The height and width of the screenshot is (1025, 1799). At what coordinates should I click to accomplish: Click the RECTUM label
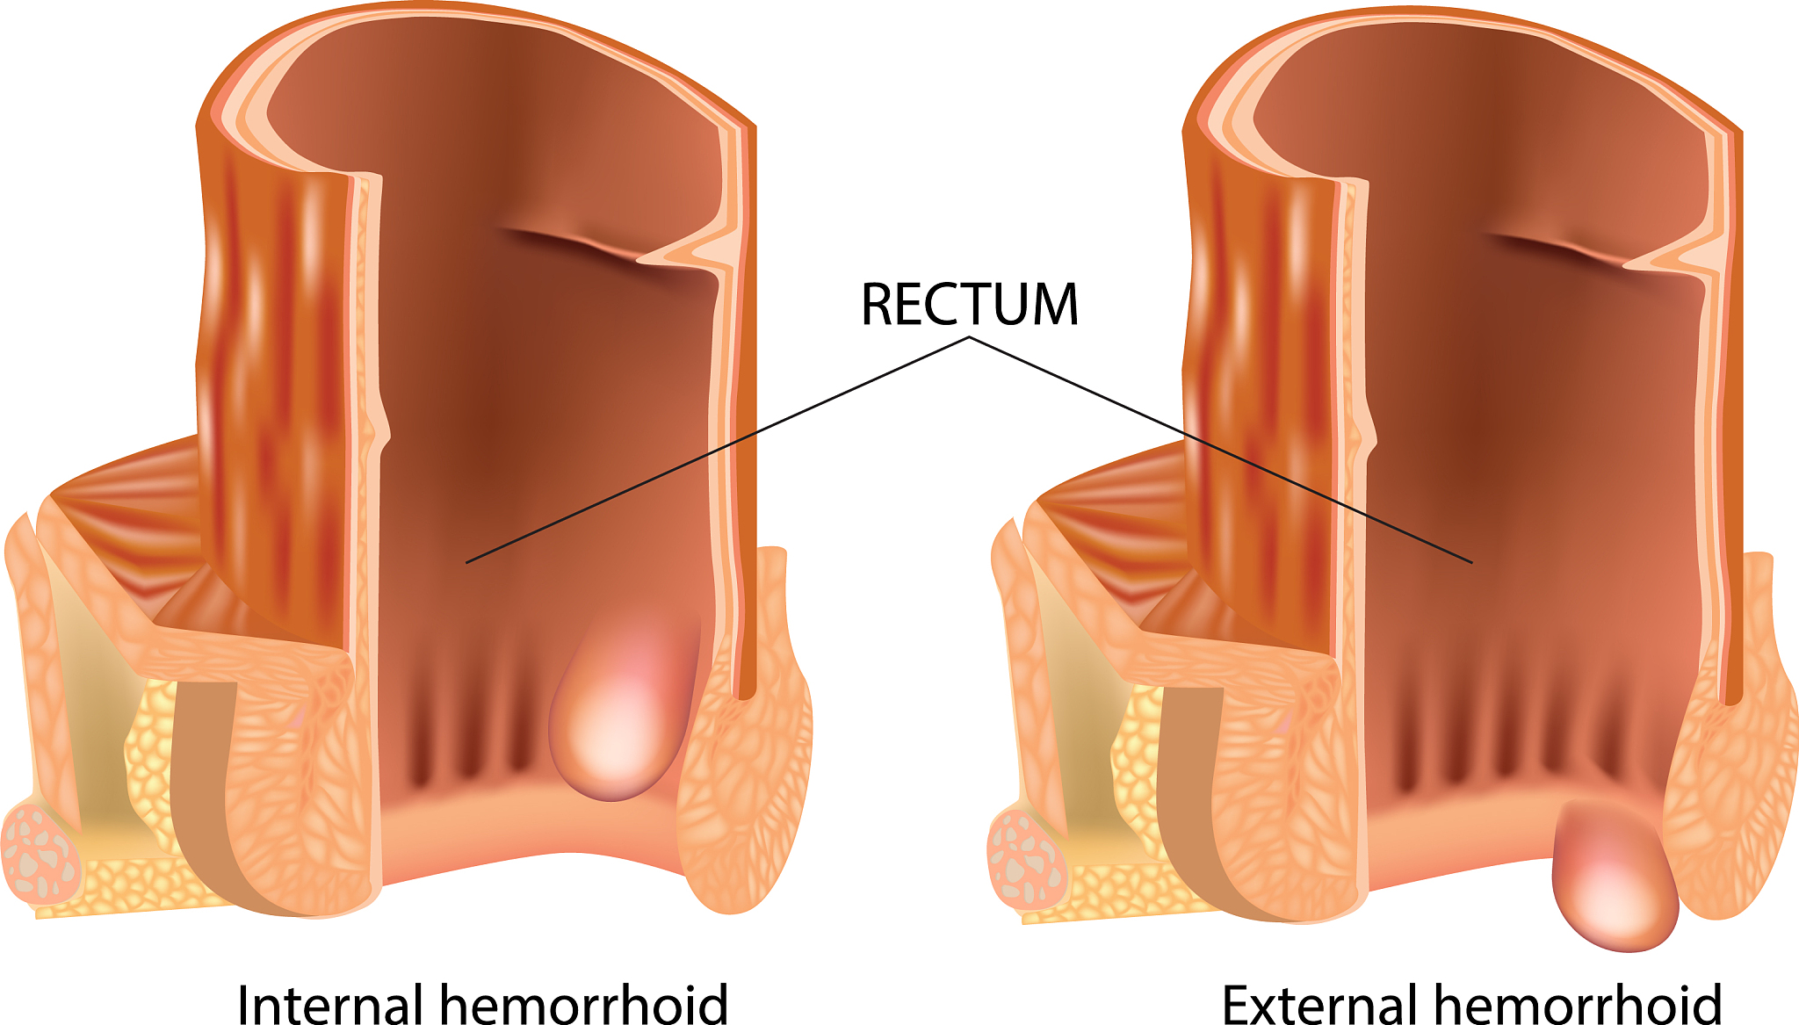(970, 304)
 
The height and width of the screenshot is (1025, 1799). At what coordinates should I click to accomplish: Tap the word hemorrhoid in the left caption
(583, 1002)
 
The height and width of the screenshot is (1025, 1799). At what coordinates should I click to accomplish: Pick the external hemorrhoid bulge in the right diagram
(1615, 878)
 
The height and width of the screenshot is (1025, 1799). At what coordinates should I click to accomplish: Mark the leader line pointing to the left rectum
(718, 449)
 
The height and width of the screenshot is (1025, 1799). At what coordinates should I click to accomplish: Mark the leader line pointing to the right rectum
(1221, 449)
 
